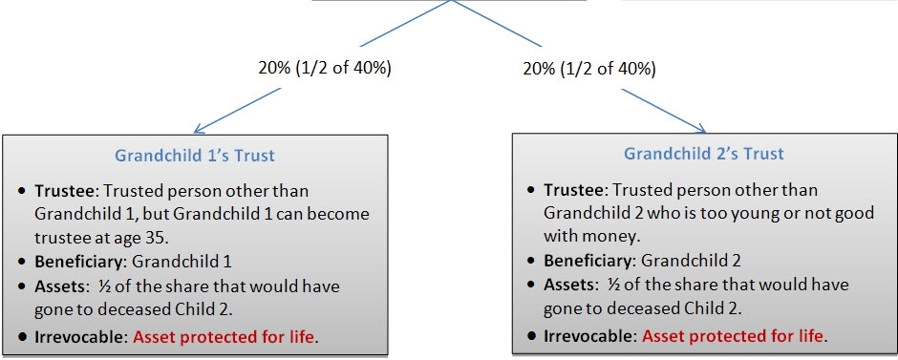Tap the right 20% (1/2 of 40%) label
[x=589, y=70]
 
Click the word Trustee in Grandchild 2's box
[x=575, y=190]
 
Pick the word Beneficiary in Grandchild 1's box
[x=77, y=260]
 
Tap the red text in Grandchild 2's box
[x=732, y=335]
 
